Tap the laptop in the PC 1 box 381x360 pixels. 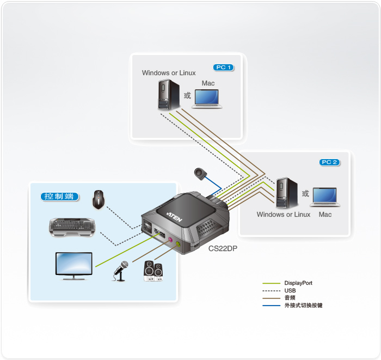click(207, 98)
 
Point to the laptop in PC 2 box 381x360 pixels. click(325, 197)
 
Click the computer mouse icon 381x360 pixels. click(99, 199)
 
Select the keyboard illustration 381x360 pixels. click(72, 227)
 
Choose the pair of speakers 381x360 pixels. click(153, 271)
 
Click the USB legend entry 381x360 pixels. click(290, 291)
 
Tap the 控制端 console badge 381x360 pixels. click(59, 197)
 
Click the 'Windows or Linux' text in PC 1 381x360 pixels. click(169, 73)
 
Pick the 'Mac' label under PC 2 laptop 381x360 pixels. click(325, 215)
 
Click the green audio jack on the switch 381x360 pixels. click(179, 244)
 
